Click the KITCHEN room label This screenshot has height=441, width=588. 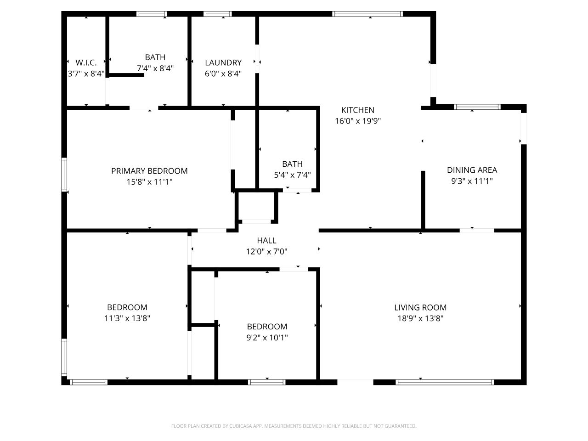[357, 110]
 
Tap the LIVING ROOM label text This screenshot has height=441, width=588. [420, 308]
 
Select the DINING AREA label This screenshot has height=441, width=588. [472, 170]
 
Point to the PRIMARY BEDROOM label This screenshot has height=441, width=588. [149, 171]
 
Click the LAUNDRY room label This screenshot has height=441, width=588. [223, 63]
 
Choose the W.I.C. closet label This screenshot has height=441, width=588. [86, 63]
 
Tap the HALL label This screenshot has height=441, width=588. [266, 240]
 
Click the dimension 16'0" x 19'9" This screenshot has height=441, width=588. [358, 121]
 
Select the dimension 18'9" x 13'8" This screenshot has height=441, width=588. [420, 318]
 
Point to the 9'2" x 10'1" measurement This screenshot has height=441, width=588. [267, 338]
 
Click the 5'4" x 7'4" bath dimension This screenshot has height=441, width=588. [292, 175]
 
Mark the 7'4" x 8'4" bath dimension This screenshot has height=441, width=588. [155, 68]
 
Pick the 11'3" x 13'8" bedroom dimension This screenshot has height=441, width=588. [127, 318]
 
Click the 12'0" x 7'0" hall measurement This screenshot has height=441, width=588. [266, 251]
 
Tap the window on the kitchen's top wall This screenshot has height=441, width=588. [367, 14]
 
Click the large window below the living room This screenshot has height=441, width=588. [445, 382]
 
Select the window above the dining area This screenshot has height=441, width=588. [477, 107]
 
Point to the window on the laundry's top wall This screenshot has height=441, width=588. [218, 14]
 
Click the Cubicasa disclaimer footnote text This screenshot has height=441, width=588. [294, 426]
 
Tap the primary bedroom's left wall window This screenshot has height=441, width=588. [64, 174]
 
